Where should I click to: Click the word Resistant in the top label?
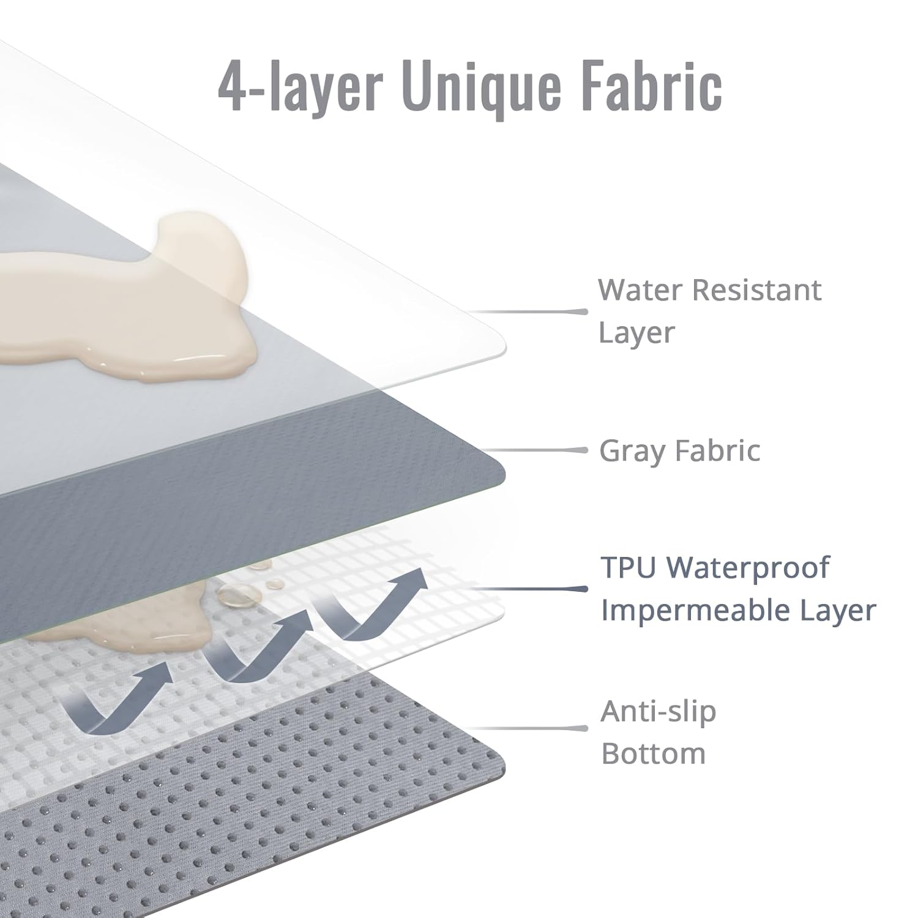click(x=756, y=289)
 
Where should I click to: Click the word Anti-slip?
click(x=658, y=712)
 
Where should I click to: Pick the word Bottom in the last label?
click(x=654, y=753)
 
